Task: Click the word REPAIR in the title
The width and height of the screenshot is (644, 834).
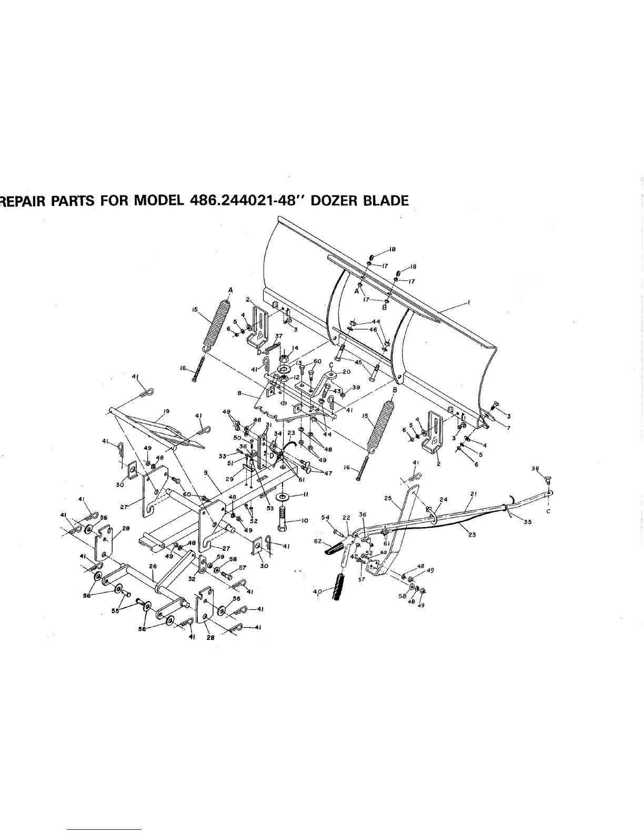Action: click(23, 202)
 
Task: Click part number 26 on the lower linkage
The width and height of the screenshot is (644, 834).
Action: click(153, 567)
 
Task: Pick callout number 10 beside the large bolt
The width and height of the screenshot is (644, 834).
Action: click(305, 520)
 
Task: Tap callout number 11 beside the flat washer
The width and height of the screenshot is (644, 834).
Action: click(305, 495)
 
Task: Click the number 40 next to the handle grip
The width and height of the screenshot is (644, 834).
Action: click(316, 592)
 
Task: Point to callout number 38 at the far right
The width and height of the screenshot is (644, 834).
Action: click(535, 468)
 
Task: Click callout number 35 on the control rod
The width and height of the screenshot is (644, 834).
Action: click(528, 522)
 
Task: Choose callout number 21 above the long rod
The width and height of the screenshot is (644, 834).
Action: click(473, 493)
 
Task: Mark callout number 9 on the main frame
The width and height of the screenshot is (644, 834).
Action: click(206, 473)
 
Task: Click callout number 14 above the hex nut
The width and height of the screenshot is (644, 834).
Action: click(295, 347)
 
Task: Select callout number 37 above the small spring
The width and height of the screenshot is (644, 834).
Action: click(279, 335)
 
